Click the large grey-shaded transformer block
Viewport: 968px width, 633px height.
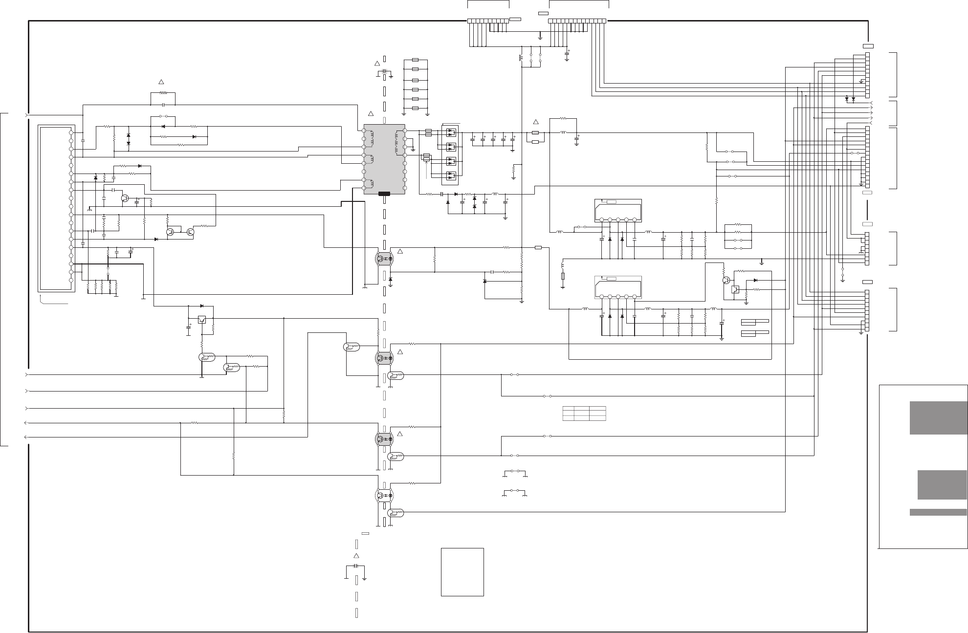click(x=384, y=159)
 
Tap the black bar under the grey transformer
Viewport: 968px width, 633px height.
click(x=384, y=194)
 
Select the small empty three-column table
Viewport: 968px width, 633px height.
click(x=584, y=414)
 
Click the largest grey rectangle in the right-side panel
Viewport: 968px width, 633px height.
click(x=938, y=418)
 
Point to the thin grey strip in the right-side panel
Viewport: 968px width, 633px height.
click(x=938, y=512)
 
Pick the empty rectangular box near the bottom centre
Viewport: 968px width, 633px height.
click(x=462, y=571)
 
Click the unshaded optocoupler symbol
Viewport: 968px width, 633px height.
click(x=385, y=496)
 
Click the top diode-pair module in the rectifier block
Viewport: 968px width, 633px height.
click(x=452, y=132)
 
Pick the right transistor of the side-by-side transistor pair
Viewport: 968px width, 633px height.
click(x=190, y=232)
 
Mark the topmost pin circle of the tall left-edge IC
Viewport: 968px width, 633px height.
click(x=71, y=132)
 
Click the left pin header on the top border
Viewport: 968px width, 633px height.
click(x=488, y=21)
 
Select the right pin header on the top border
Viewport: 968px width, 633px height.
click(x=577, y=21)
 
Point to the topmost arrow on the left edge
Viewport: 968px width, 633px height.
click(x=26, y=115)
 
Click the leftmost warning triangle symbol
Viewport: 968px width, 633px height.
click(x=161, y=81)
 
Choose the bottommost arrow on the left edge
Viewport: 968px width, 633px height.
click(x=26, y=437)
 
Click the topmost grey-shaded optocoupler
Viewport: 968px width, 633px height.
click(x=385, y=258)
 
